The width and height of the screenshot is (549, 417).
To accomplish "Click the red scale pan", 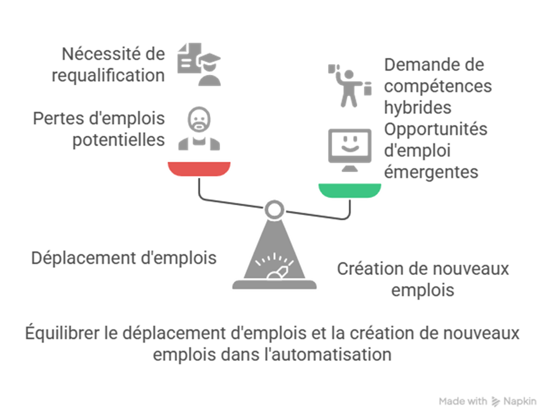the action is coord(199,169).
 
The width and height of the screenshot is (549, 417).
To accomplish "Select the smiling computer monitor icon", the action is coord(349,148).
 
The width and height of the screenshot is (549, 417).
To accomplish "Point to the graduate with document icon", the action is coord(199,64).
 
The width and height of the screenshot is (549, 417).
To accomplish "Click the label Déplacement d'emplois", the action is coord(124,258).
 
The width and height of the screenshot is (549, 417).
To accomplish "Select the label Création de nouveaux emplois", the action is coord(422,279).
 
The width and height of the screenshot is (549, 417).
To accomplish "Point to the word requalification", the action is coord(108,75).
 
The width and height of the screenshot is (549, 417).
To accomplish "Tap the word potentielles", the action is coord(119,140).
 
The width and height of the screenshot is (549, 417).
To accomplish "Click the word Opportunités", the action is coord(436,129).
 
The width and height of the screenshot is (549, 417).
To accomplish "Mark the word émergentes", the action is coord(432,172).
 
